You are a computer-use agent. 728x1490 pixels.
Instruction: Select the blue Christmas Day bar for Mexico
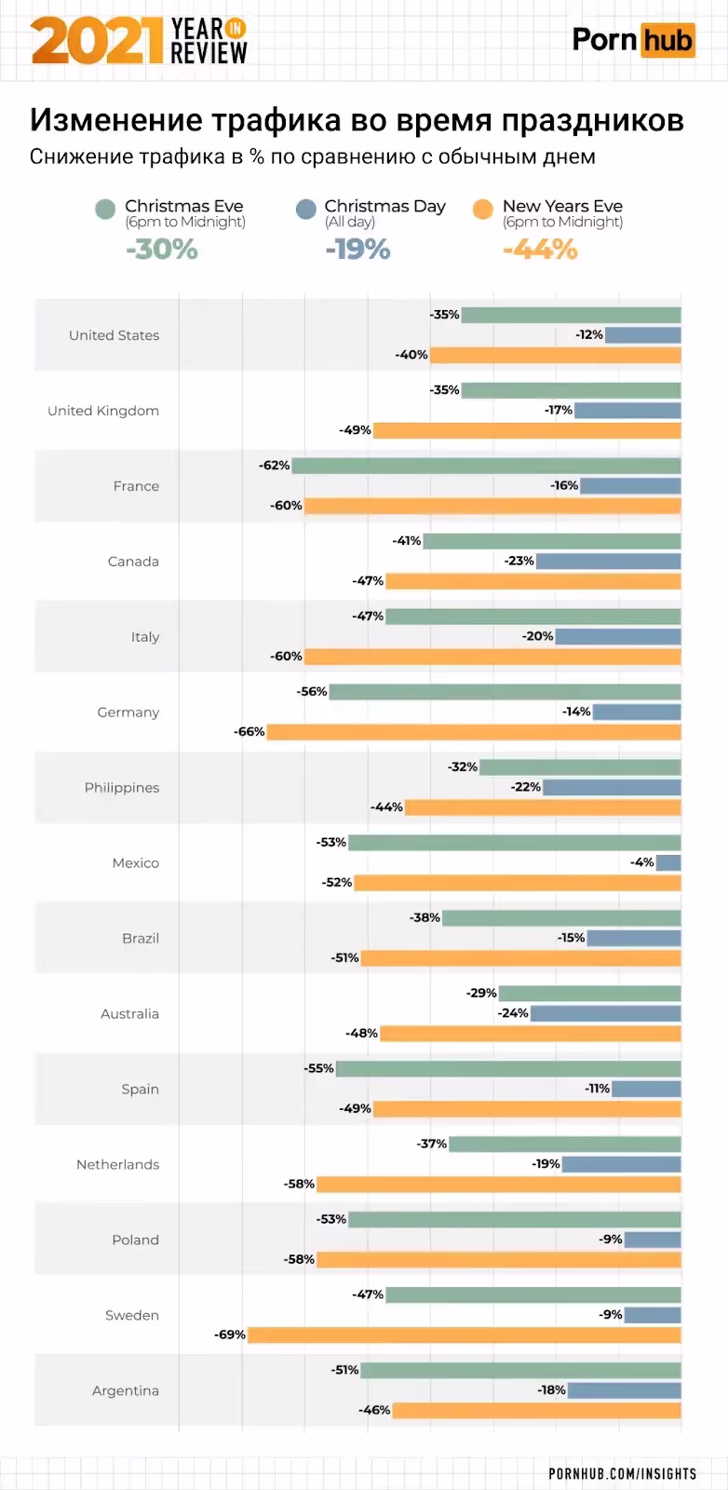point(668,862)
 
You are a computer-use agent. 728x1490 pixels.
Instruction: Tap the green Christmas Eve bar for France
point(486,466)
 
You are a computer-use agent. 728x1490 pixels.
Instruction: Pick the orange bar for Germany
point(474,732)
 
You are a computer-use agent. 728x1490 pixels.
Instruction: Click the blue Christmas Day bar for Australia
point(606,1013)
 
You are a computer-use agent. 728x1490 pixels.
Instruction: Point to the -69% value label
point(230,1334)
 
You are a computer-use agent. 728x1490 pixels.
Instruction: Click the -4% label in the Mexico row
point(642,862)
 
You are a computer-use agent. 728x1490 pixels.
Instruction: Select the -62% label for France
point(275,466)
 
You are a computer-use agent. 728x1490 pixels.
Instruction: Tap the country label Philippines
point(122,788)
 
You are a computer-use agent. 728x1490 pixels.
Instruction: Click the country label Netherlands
point(117,1164)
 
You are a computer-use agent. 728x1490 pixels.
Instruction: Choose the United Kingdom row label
point(103,411)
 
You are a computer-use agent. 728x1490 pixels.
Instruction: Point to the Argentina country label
point(126,1390)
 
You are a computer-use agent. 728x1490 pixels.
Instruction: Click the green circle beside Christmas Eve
point(105,209)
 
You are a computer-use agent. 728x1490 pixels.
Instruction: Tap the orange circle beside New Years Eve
point(482,209)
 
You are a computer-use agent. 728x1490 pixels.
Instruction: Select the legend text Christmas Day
point(384,206)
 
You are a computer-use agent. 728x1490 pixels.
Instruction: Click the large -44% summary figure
point(540,250)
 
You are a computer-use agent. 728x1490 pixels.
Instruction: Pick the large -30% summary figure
point(162,250)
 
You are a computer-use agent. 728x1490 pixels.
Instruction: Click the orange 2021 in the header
point(97,41)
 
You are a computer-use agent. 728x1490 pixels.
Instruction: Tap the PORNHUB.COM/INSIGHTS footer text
point(622,1473)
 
